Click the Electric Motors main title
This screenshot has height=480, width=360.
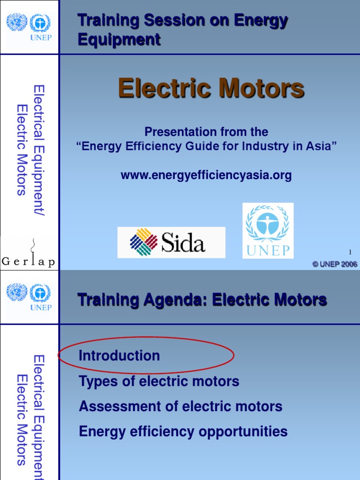pos(211,88)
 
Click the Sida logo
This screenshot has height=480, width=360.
pos(171,242)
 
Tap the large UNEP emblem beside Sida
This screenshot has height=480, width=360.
pos(268,231)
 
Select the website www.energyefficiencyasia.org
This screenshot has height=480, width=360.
pos(206,175)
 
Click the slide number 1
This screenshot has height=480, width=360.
pos(350,253)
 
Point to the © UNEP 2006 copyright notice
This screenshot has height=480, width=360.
pos(335,264)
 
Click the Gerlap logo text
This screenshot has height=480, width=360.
pos(28,262)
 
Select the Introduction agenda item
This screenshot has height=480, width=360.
pos(119,356)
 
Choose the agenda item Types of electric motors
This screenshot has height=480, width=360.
pos(159,381)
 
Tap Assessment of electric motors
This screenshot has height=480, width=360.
pos(180,406)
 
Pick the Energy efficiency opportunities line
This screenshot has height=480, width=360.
pos(183,431)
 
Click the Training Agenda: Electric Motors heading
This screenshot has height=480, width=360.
pos(202,300)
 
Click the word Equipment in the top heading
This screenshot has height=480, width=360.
pos(119,40)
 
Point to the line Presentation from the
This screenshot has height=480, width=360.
pos(206,132)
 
